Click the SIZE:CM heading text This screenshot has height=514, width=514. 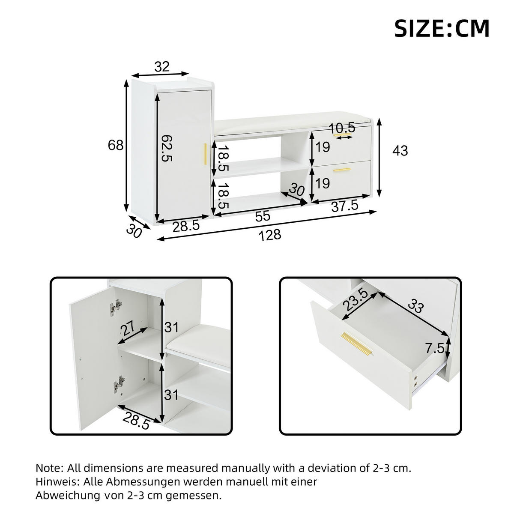[x=442, y=29]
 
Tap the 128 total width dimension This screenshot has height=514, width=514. [x=270, y=235]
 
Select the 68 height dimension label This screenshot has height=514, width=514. [x=116, y=146]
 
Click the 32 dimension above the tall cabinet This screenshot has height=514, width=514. [x=162, y=67]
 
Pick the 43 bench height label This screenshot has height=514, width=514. [x=400, y=151]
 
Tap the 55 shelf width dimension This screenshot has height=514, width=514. [x=263, y=217]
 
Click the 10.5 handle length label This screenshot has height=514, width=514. [x=342, y=128]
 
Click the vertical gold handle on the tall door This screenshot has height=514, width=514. [x=206, y=155]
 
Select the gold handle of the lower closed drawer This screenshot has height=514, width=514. [x=342, y=170]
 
